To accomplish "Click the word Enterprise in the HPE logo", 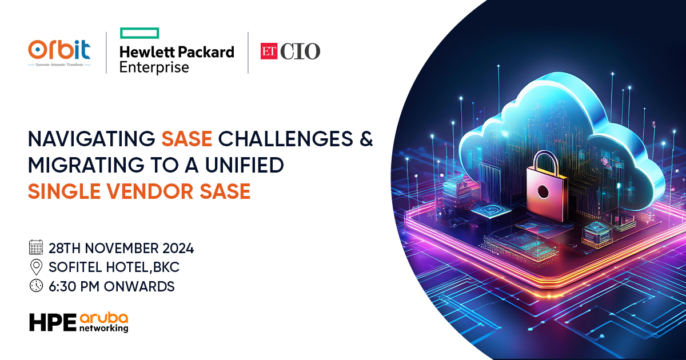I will coord(154,67).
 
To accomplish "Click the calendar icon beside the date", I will coord(36,248).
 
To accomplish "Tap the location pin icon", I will coord(36,267).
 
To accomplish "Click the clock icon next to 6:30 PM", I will coord(36,286).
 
